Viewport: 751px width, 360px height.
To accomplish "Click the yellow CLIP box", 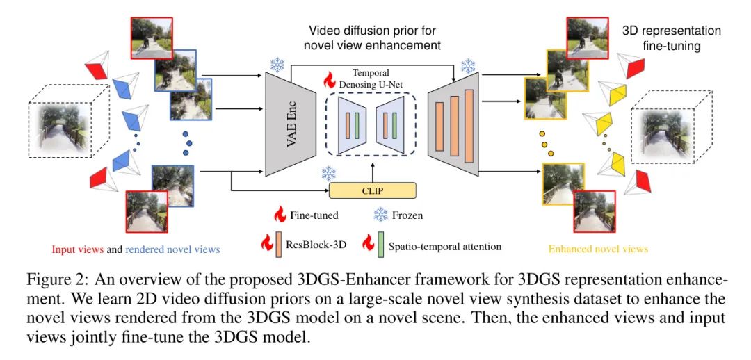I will coord(372,190).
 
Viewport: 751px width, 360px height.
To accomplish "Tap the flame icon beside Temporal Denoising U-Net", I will coord(328,79).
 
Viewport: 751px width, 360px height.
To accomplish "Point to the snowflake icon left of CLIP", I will coord(328,174).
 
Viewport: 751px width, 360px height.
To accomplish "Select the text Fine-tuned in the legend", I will coord(314,215).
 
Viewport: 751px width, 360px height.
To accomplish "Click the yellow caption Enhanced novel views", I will coord(598,248).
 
